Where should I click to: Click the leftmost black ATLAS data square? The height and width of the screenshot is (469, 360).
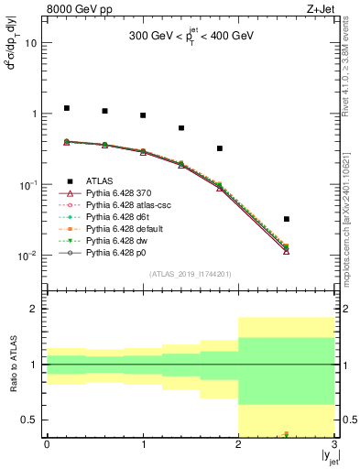66,108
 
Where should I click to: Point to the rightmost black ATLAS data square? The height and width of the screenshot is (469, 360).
287,219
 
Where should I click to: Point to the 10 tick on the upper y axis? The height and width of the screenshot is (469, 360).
31,43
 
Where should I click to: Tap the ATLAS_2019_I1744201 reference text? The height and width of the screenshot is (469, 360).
190,275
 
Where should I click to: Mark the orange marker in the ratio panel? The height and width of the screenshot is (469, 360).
287,433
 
